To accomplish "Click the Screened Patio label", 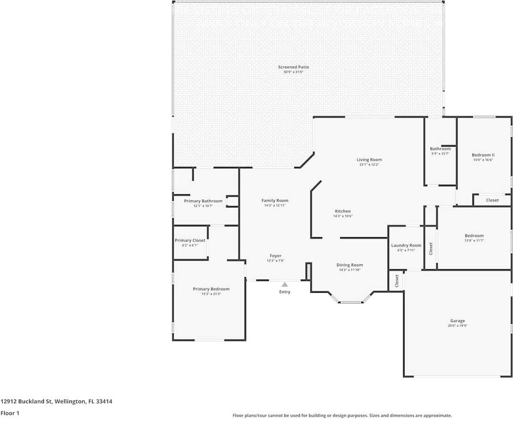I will pos(293,67).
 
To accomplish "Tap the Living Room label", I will pos(369,160).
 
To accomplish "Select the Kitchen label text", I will pos(343,211).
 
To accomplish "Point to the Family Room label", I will pos(275,200).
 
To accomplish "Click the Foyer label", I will pos(275,256).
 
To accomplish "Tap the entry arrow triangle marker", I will pos(285,284).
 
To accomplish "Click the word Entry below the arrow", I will pos(285,292).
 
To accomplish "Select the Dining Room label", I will pos(349,265).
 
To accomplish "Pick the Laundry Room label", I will pos(406,245).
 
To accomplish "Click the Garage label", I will pos(457,321).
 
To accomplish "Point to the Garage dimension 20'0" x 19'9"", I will pos(457,326).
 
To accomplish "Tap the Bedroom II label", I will pos(483,155).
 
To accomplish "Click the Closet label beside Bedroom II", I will pos(492,200).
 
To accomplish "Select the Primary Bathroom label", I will pos(203,201).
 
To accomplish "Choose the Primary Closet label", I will pos(190,240).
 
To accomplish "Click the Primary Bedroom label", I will pos(211,289).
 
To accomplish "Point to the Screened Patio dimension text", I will pos(293,72).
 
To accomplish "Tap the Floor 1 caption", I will pos(11,413).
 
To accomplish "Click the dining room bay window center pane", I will pos(350,302).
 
